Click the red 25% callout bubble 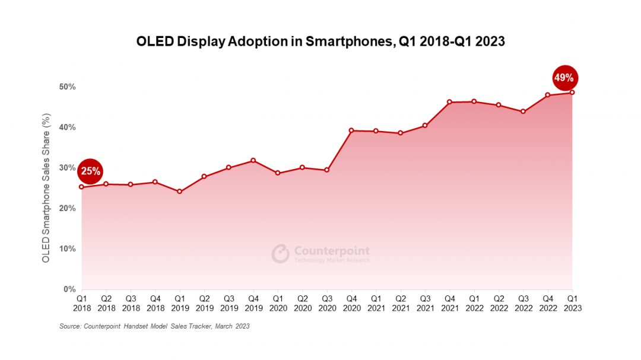[x=90, y=172]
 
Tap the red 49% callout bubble [x=564, y=77]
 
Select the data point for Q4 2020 [x=351, y=130]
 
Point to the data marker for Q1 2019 [x=180, y=192]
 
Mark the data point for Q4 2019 [x=253, y=161]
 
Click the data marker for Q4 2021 [x=449, y=102]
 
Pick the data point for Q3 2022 [x=523, y=111]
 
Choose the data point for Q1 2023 [x=572, y=93]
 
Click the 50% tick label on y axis [x=67, y=87]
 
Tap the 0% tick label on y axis [x=69, y=289]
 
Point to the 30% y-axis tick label [x=67, y=168]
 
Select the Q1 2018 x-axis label [x=82, y=304]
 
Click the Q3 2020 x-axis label [x=327, y=304]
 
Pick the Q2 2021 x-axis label [x=401, y=304]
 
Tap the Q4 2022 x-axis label [x=548, y=304]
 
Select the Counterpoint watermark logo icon [x=280, y=254]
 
